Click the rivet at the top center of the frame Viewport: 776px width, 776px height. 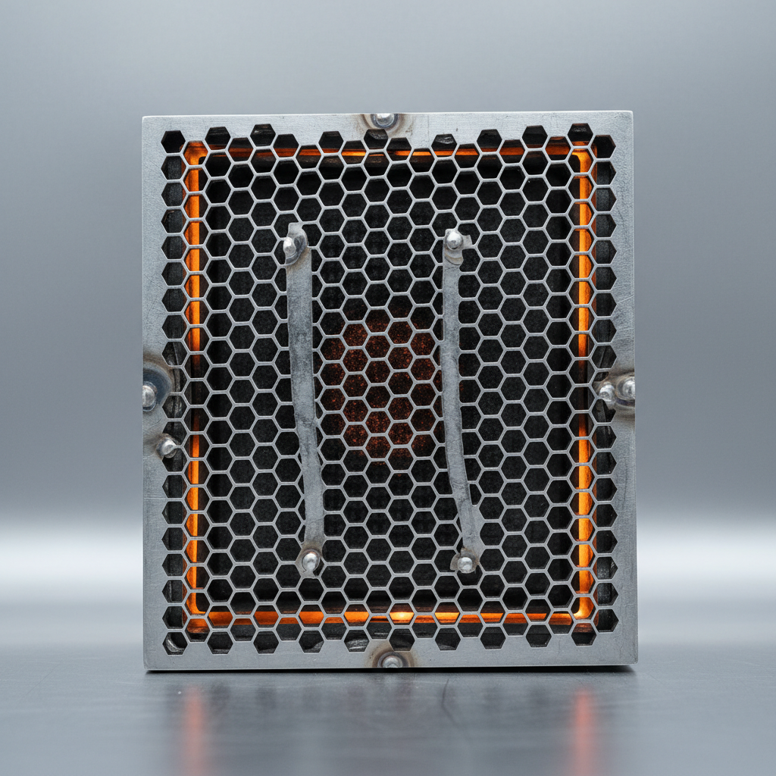(383, 120)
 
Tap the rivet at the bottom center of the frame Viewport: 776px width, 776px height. (392, 661)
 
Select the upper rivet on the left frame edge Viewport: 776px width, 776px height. (149, 394)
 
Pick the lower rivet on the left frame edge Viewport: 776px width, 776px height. (167, 446)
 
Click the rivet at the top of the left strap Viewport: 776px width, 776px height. (291, 244)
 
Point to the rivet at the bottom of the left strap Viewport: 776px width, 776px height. (310, 561)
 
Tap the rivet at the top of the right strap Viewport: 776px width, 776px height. (454, 240)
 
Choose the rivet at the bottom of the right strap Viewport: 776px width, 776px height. (466, 563)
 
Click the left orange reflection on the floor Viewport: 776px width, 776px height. (196, 727)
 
